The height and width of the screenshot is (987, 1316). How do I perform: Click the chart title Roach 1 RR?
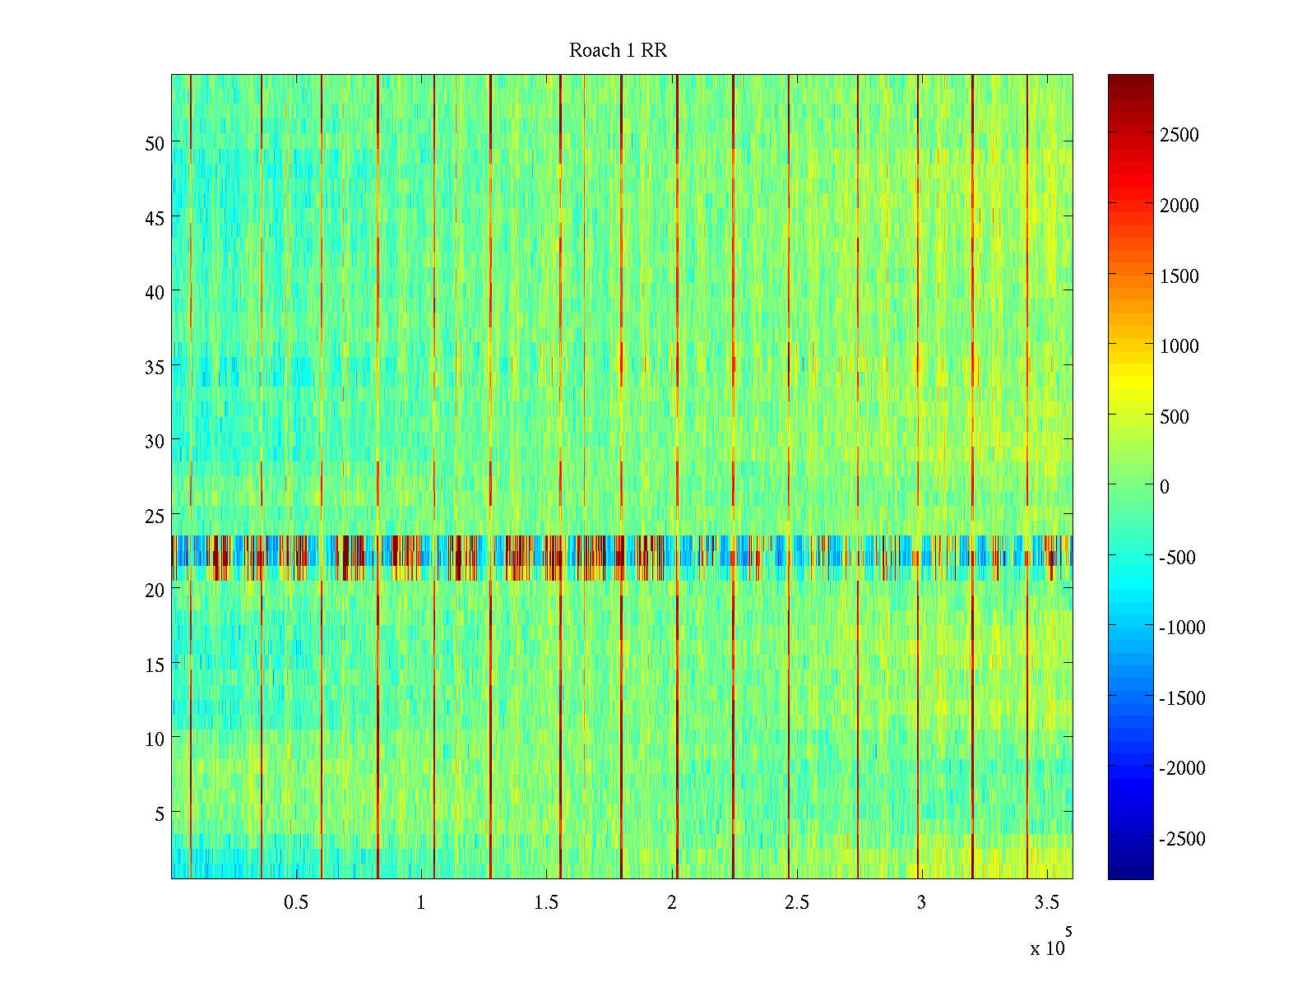tap(618, 51)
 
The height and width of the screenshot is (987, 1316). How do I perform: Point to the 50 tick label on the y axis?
tap(155, 143)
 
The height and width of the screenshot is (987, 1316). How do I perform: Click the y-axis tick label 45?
tap(155, 218)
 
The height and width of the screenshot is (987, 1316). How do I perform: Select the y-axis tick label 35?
tap(155, 367)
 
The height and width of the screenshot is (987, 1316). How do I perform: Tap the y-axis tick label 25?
tap(155, 516)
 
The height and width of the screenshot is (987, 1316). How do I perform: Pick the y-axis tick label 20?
tap(155, 590)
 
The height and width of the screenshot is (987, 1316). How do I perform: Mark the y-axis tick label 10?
tap(155, 739)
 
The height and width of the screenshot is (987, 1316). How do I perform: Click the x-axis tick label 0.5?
tap(296, 903)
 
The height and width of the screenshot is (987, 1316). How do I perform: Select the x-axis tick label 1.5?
tap(546, 903)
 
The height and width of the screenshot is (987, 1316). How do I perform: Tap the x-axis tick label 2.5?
tap(796, 903)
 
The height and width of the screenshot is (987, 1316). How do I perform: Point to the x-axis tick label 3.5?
tap(1046, 903)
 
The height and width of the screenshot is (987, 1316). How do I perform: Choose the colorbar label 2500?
tap(1179, 136)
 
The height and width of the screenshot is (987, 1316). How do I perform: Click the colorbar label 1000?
tap(1179, 346)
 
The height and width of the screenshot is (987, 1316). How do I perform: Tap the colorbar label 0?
tap(1164, 487)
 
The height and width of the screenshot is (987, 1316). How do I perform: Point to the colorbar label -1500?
tap(1182, 698)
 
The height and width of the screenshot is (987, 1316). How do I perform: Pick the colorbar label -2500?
tap(1182, 839)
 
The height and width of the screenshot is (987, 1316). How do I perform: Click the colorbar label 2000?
tap(1179, 206)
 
